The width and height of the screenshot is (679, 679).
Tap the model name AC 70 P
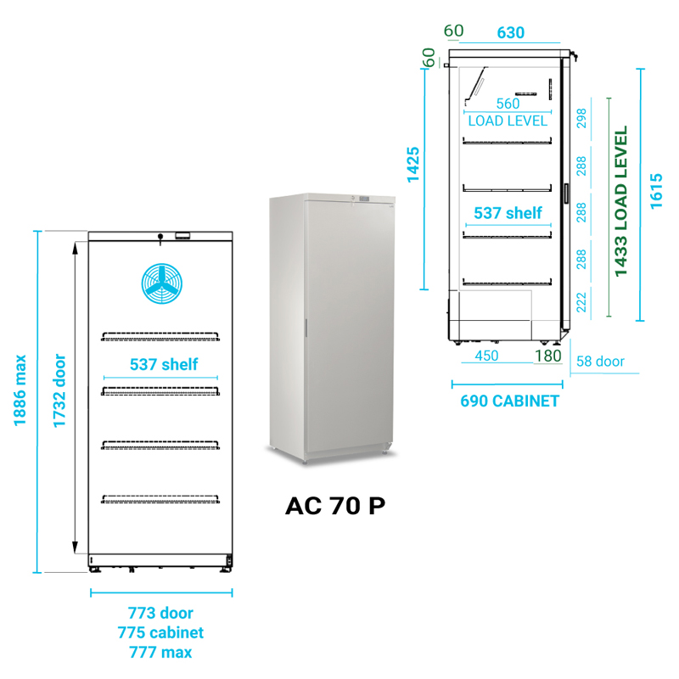click(x=335, y=506)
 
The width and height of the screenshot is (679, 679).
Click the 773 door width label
click(x=160, y=613)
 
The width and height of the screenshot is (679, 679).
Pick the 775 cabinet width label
click(x=160, y=632)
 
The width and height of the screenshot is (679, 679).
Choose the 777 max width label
click(x=160, y=652)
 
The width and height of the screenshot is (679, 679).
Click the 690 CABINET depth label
click(x=509, y=401)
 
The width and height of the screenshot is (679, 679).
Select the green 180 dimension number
click(x=548, y=356)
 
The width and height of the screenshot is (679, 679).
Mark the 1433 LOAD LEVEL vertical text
click(x=621, y=202)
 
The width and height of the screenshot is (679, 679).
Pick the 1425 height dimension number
click(x=413, y=165)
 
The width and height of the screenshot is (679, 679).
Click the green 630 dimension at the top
click(x=510, y=33)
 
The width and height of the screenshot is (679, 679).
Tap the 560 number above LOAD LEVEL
click(x=508, y=104)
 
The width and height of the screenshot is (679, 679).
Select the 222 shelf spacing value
click(x=581, y=300)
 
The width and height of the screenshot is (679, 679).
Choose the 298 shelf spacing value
click(x=581, y=119)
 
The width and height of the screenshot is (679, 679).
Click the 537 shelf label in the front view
click(x=163, y=364)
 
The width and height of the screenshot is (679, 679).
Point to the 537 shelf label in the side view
click(x=508, y=213)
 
